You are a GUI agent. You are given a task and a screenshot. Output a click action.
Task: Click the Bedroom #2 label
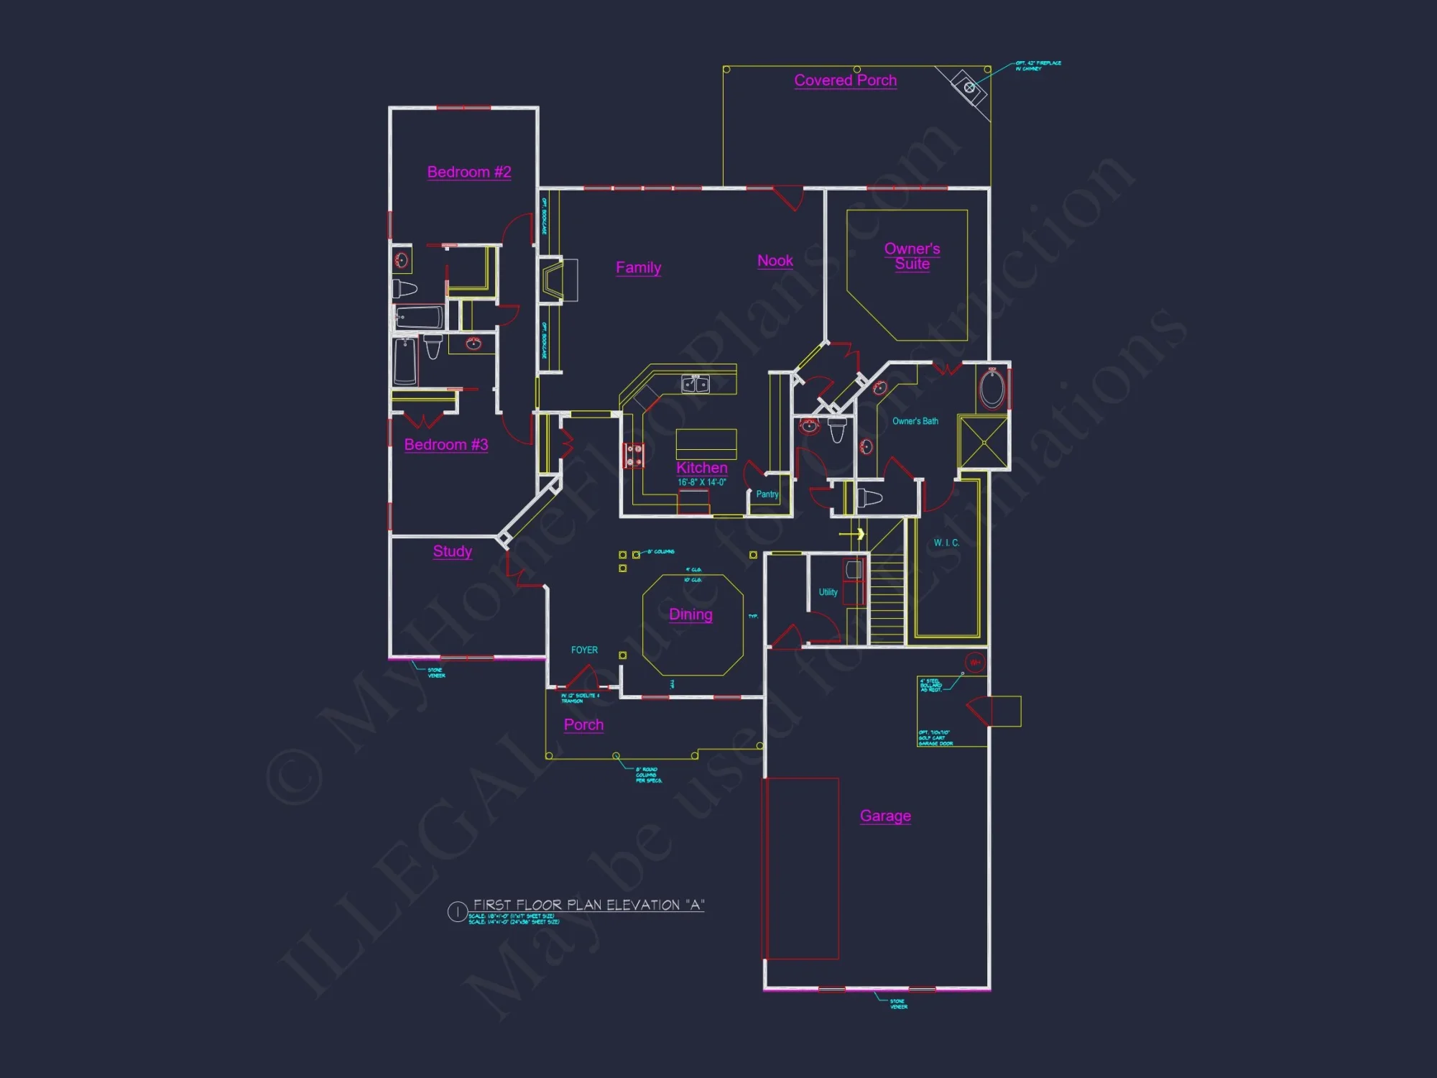(468, 172)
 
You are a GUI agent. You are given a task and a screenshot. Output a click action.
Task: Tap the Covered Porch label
(845, 80)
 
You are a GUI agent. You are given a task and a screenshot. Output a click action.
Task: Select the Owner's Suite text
(912, 256)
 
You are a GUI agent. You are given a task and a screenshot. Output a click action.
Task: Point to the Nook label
(775, 261)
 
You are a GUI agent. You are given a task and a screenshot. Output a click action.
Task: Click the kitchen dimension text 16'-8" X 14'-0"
(701, 482)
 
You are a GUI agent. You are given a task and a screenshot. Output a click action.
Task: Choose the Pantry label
(767, 494)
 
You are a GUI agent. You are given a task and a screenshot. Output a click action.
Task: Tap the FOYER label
(584, 650)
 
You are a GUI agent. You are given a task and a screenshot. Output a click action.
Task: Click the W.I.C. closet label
(946, 543)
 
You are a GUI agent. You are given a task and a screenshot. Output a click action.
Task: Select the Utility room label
(828, 592)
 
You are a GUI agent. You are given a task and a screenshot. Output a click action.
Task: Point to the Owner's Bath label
(915, 421)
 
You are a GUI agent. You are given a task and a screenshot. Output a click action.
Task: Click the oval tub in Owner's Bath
(992, 389)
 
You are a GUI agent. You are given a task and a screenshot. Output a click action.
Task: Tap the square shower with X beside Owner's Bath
(982, 442)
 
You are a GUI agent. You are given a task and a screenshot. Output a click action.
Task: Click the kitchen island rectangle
(706, 443)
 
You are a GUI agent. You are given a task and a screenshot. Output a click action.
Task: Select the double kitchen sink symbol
(695, 384)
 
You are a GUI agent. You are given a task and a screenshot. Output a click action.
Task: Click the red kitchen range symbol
(633, 455)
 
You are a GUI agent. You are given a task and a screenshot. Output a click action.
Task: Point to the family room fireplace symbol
(555, 280)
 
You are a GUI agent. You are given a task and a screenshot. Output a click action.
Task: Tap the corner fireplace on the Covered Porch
(969, 88)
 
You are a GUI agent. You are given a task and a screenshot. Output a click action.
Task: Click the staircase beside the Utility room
(887, 596)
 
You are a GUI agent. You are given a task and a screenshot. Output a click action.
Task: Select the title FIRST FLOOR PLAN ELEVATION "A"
(588, 905)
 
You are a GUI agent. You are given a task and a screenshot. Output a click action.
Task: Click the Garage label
(885, 816)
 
